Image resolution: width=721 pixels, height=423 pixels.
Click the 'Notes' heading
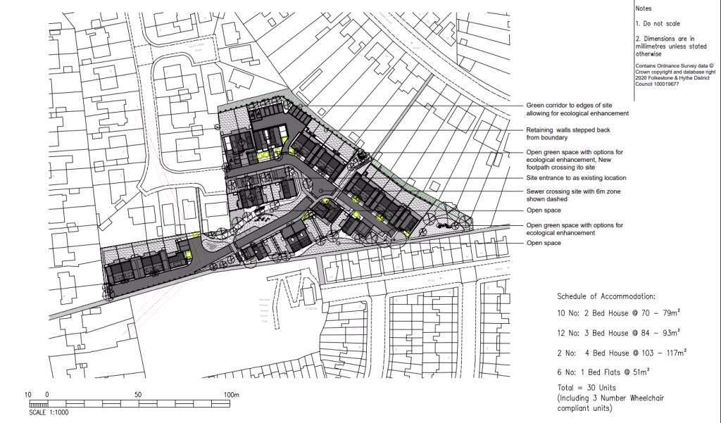pos(644,8)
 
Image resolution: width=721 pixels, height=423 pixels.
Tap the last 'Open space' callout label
pos(544,243)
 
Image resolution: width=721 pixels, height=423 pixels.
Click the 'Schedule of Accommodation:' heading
pos(606,296)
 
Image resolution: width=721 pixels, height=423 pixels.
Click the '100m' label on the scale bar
pos(232,395)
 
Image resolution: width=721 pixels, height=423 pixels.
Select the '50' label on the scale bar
pos(139,395)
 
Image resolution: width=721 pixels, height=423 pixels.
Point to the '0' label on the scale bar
pos(47,395)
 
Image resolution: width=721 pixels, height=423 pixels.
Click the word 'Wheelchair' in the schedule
pos(642,398)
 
